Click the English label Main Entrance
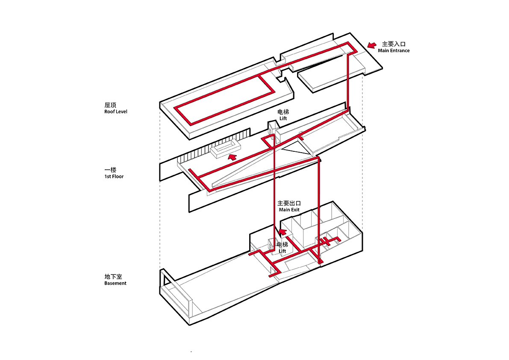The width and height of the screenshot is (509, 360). click(393, 50)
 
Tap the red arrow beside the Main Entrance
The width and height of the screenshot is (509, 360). click(372, 44)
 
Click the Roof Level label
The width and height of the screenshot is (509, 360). click(116, 112)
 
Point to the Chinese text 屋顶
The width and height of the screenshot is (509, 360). click(110, 105)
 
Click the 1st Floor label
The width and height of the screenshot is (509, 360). click(114, 176)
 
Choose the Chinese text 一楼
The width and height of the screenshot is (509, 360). click(110, 170)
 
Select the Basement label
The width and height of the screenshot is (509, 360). click(115, 283)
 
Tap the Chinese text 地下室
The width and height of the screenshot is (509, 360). click(113, 277)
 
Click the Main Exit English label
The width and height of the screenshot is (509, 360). click(289, 210)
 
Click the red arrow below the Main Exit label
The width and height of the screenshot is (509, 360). click(282, 233)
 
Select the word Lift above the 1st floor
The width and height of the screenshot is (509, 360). click(283, 118)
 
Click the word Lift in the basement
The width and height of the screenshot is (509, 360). click(282, 251)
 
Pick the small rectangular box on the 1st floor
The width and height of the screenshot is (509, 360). click(226, 150)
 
